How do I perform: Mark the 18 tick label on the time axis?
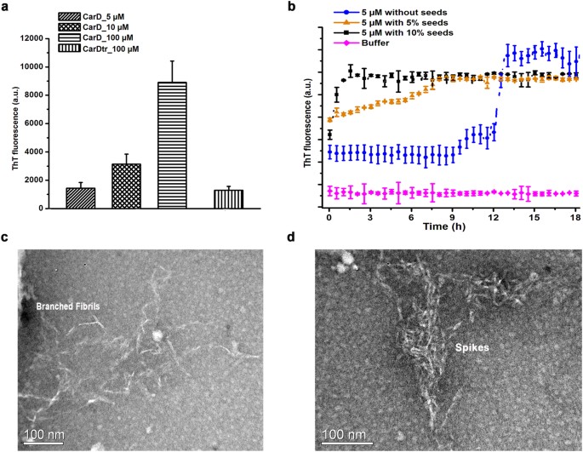pyautogui.click(x=576, y=219)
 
